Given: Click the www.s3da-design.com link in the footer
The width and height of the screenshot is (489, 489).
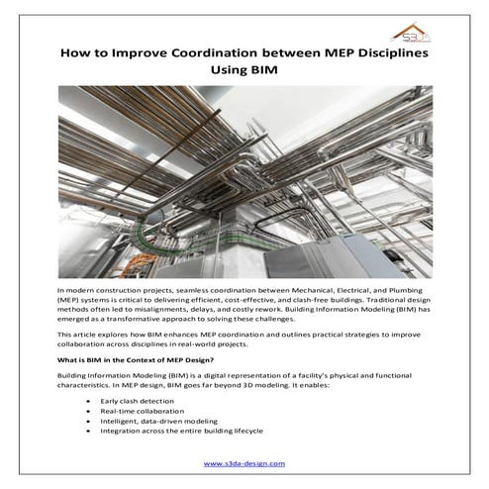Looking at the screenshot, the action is pyautogui.click(x=244, y=462).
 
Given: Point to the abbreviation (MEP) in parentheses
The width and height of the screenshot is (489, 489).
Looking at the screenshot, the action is pyautogui.click(x=70, y=296).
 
